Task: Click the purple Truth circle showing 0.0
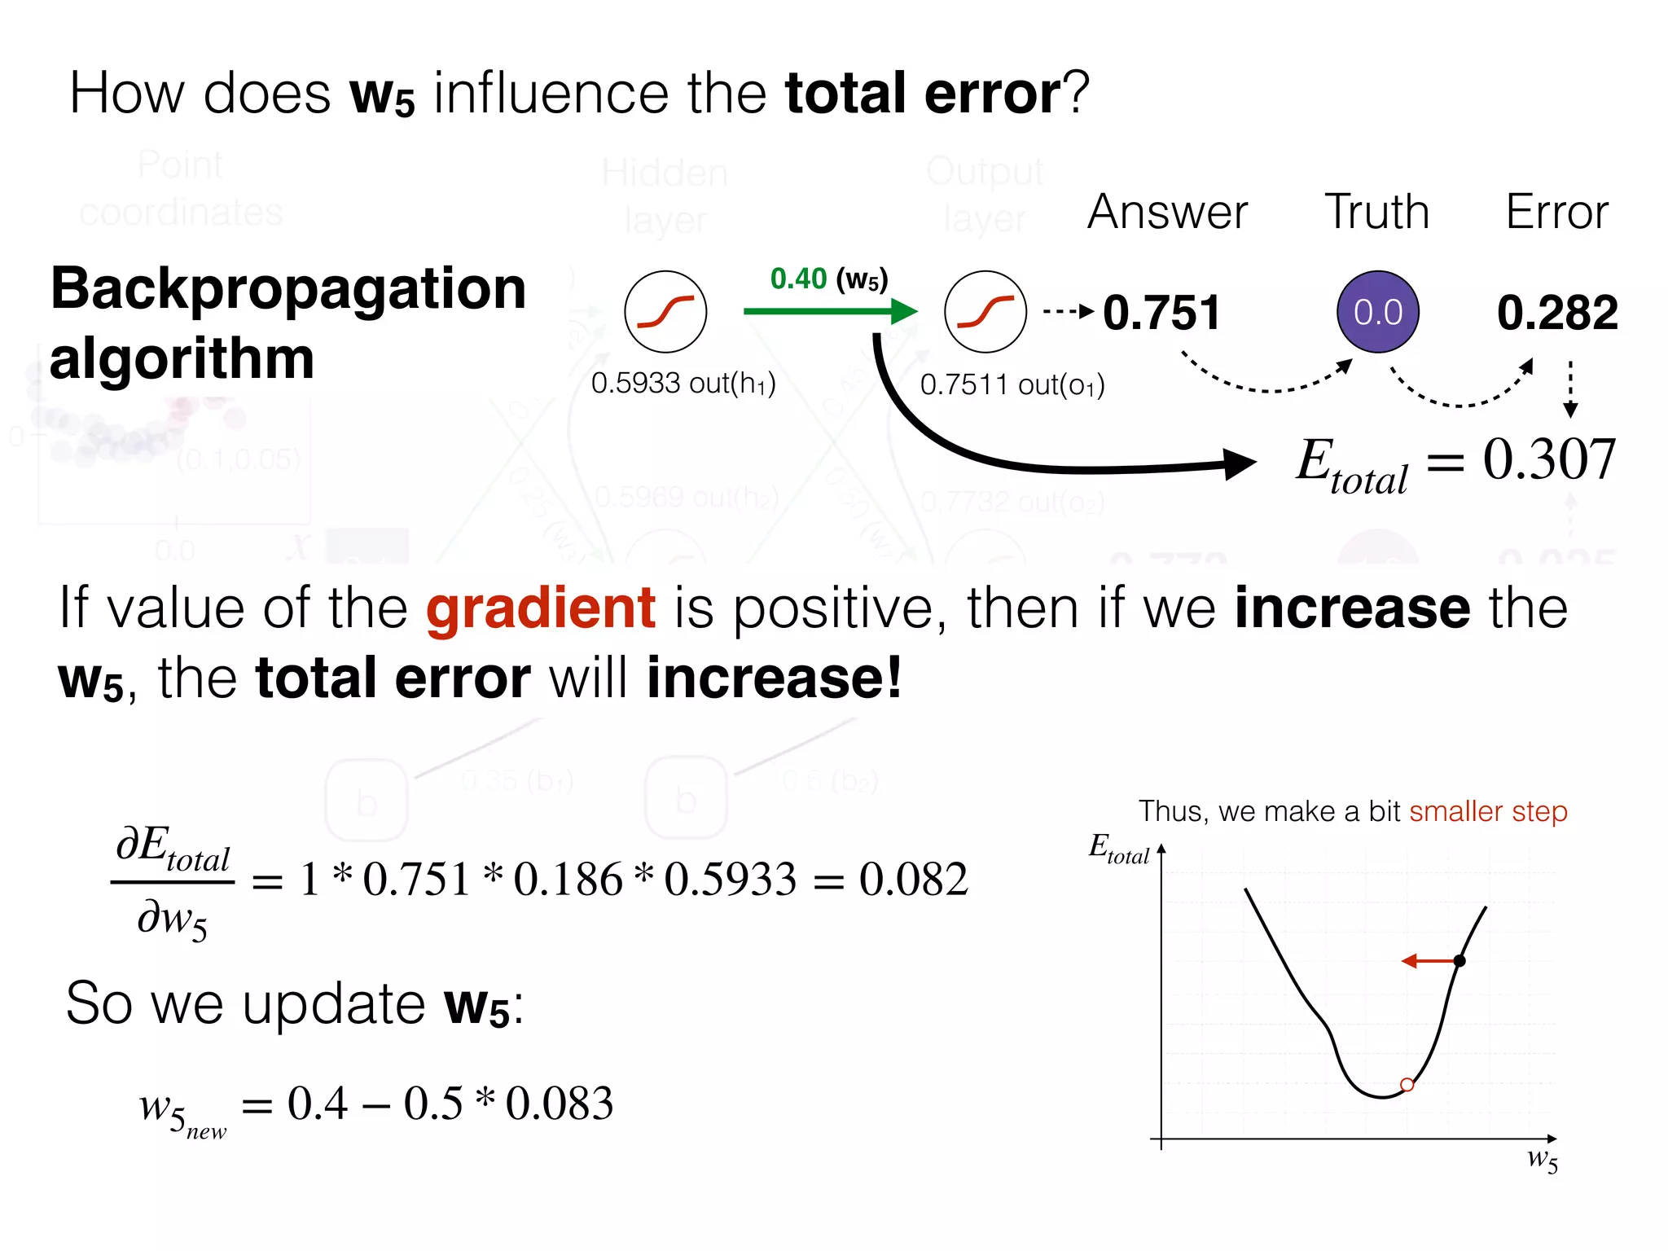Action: click(1377, 312)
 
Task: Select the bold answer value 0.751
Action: click(1161, 313)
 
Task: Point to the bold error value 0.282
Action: click(1557, 313)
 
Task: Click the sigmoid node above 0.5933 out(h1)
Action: click(665, 312)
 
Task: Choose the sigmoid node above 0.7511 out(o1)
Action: click(985, 312)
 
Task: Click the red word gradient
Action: click(541, 608)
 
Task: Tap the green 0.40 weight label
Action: click(798, 279)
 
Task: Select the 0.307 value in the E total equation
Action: click(1549, 460)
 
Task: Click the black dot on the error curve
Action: click(1459, 961)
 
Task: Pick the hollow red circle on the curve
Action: click(1407, 1085)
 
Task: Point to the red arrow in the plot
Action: click(1429, 961)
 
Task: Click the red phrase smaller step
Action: click(1488, 812)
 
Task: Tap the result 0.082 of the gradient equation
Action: click(914, 880)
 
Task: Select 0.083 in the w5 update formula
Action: click(560, 1104)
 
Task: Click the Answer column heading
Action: click(1167, 213)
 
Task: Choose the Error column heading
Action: click(1556, 213)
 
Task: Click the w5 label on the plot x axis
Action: click(1542, 1159)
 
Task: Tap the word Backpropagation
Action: click(288, 289)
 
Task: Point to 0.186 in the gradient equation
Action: click(568, 880)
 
